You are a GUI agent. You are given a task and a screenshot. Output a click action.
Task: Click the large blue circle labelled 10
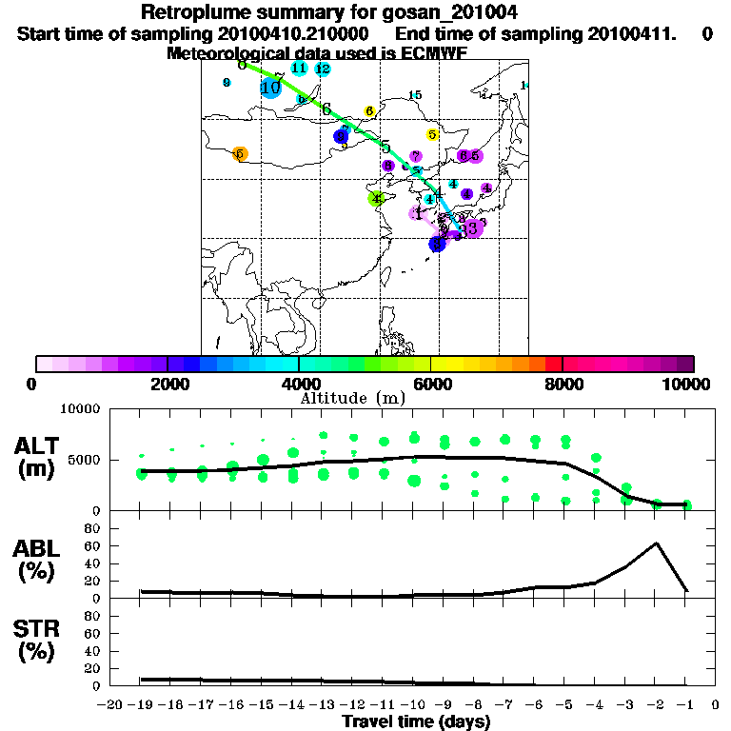pyautogui.click(x=270, y=88)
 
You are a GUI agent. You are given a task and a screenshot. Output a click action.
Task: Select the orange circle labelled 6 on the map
pyautogui.click(x=240, y=153)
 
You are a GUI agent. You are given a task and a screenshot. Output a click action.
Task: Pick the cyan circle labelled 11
pyautogui.click(x=299, y=68)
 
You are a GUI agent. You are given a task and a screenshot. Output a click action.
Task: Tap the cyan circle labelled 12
pyautogui.click(x=323, y=69)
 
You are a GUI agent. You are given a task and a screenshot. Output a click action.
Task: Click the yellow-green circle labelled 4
pyautogui.click(x=377, y=199)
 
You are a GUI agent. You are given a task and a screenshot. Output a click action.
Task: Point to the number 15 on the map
pyautogui.click(x=414, y=95)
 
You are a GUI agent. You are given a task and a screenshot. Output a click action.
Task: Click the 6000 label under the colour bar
pyautogui.click(x=431, y=384)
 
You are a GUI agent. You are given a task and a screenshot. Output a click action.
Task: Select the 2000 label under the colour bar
pyautogui.click(x=168, y=384)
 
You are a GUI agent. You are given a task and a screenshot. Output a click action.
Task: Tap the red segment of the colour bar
pyautogui.click(x=552, y=364)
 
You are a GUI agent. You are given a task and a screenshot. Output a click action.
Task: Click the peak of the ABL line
pyautogui.click(x=656, y=543)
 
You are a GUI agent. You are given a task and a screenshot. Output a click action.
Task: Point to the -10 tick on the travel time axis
pyautogui.click(x=413, y=706)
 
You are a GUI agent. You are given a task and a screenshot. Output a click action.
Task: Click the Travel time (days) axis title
pyautogui.click(x=416, y=722)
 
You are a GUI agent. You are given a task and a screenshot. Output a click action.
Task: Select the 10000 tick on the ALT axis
pyautogui.click(x=79, y=409)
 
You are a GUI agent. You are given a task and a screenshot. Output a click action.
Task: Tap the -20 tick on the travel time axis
pyautogui.click(x=110, y=706)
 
